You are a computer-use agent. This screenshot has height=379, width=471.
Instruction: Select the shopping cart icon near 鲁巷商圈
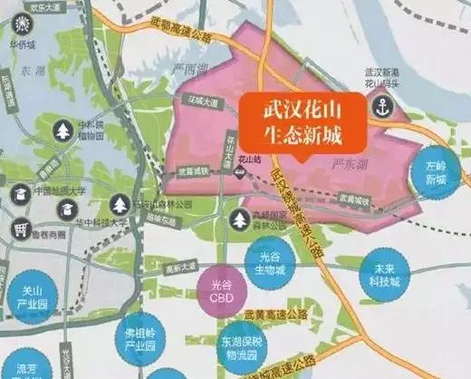20,230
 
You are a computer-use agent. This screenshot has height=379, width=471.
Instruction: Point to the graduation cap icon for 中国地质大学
20,192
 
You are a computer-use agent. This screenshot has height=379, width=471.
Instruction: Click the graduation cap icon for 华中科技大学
66,209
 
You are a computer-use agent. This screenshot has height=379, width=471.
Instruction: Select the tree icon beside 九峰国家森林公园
241,219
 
